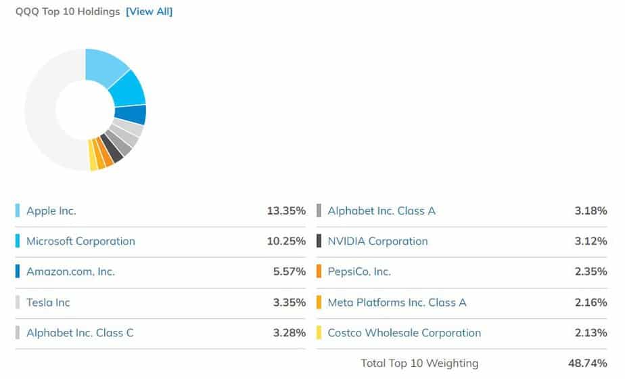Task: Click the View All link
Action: [x=149, y=12]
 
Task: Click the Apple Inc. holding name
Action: [x=51, y=210]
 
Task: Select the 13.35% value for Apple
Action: [x=286, y=210]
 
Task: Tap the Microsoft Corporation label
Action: [x=80, y=241]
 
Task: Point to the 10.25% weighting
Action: [x=286, y=241]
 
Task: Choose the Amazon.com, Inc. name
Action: [x=70, y=271]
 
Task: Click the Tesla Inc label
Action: [x=48, y=303]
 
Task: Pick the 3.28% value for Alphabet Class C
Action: [x=290, y=333]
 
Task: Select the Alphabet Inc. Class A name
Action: [x=381, y=210]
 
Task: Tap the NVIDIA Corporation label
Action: [x=377, y=241]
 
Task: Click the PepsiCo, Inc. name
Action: [x=359, y=271]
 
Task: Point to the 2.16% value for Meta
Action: [x=591, y=303]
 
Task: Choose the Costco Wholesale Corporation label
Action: [x=404, y=333]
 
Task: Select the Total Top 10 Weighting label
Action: [x=419, y=363]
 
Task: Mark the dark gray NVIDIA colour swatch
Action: [x=319, y=241]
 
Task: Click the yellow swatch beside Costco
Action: [x=319, y=333]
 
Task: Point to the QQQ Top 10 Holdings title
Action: [x=68, y=12]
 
